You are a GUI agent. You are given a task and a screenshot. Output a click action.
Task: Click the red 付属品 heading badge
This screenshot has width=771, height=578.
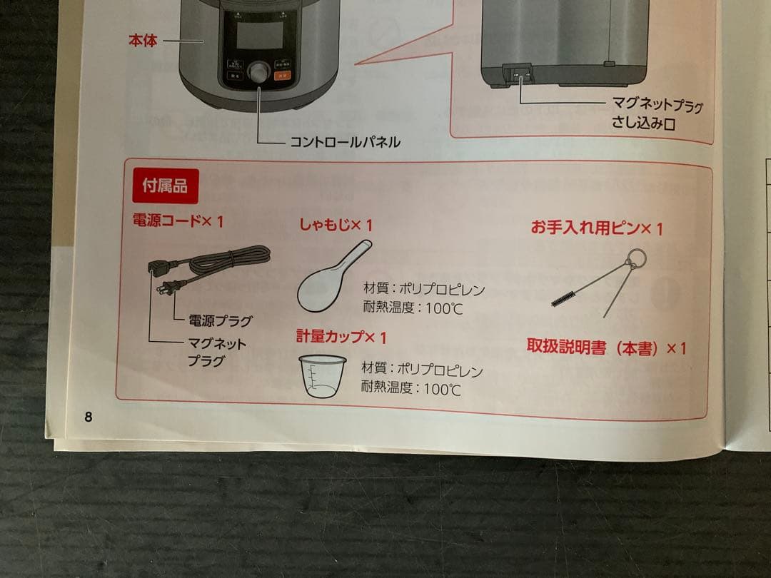[165, 187]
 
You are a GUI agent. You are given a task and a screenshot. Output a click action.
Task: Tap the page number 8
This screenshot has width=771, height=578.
[89, 417]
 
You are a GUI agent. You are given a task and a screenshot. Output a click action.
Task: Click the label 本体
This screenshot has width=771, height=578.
[142, 41]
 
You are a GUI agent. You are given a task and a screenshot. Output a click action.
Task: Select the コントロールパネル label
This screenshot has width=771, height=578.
[344, 142]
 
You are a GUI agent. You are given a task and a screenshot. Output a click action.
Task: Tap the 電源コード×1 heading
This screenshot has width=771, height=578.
[178, 222]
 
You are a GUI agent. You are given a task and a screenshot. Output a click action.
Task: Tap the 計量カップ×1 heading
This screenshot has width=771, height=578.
[341, 336]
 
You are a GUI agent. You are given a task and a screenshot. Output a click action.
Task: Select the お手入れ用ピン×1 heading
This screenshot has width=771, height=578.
[597, 228]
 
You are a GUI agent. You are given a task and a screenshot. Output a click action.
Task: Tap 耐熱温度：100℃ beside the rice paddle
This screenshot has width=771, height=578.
[413, 308]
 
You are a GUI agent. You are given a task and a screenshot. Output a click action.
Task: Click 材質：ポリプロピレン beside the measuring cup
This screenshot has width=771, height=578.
[422, 370]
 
